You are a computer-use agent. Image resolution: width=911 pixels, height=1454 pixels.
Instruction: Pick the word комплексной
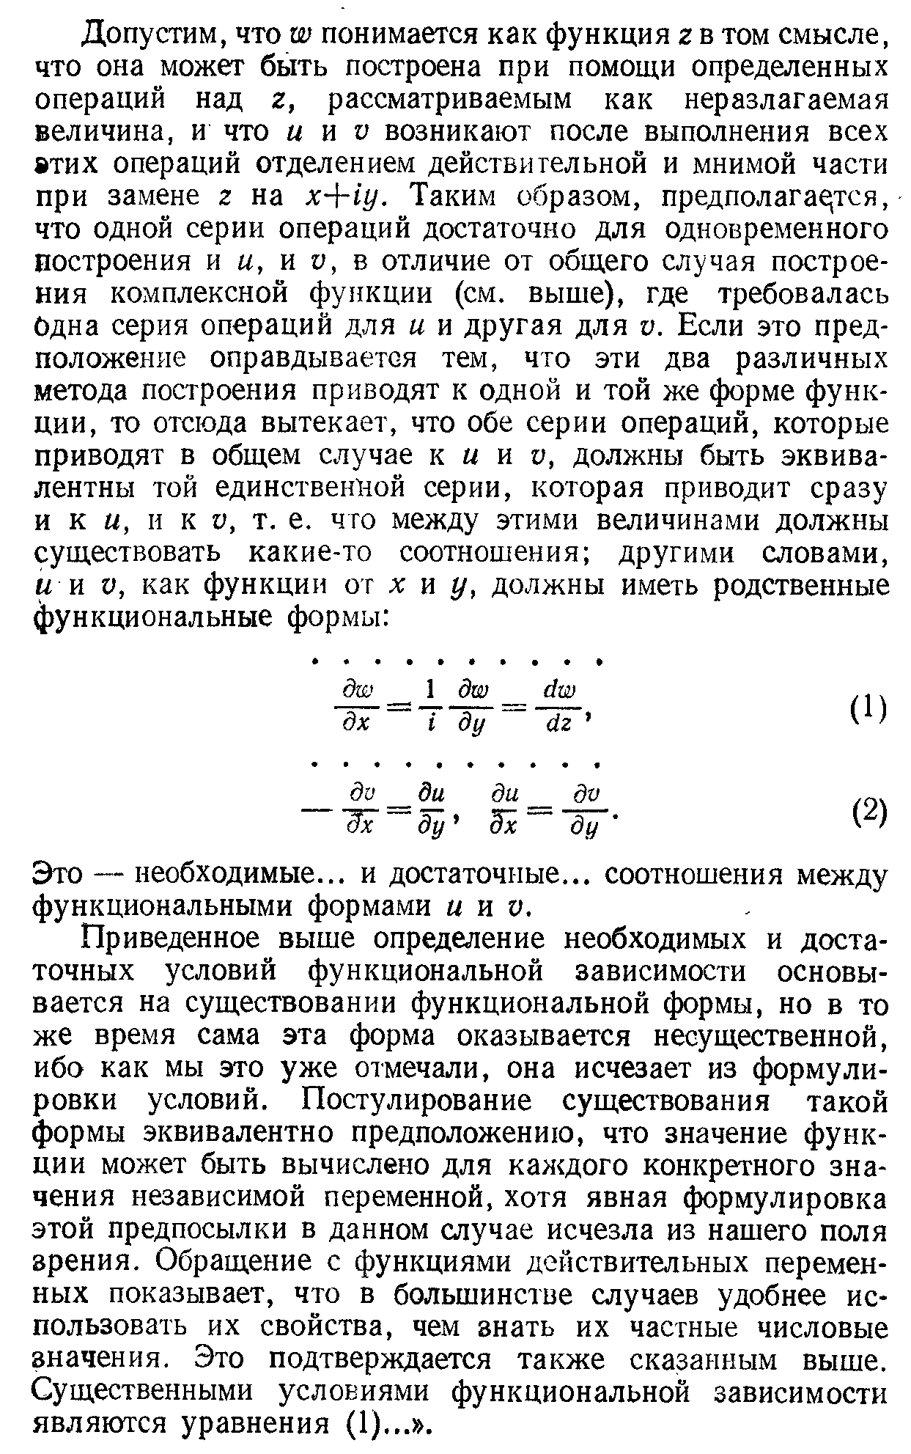(195, 294)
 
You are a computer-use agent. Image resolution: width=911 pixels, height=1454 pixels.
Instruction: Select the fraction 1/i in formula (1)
(432, 708)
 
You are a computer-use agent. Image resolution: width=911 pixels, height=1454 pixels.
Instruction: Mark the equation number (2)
(869, 811)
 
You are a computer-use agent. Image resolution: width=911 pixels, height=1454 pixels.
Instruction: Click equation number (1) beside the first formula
(869, 708)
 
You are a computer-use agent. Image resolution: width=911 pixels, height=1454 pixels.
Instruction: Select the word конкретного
(679, 1167)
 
